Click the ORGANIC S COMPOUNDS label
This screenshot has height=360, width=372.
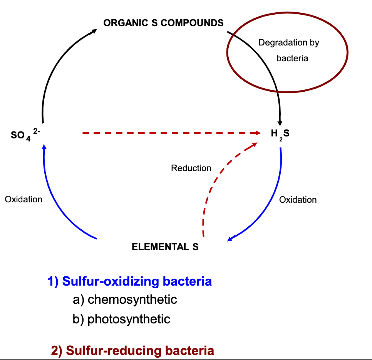(163, 23)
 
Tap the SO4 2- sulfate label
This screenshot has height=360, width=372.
(26, 135)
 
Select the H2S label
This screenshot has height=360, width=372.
(280, 134)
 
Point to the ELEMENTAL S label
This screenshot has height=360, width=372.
(165, 247)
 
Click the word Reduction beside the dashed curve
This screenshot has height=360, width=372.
(191, 168)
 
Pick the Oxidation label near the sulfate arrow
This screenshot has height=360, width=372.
(23, 199)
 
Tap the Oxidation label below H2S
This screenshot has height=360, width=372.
(298, 200)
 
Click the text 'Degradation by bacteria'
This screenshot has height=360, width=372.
(289, 50)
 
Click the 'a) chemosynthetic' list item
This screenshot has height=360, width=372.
(125, 299)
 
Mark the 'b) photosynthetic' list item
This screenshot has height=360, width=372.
(121, 319)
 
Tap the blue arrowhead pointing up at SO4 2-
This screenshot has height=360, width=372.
(44, 146)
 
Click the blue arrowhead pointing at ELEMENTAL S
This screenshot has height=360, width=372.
(230, 239)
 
